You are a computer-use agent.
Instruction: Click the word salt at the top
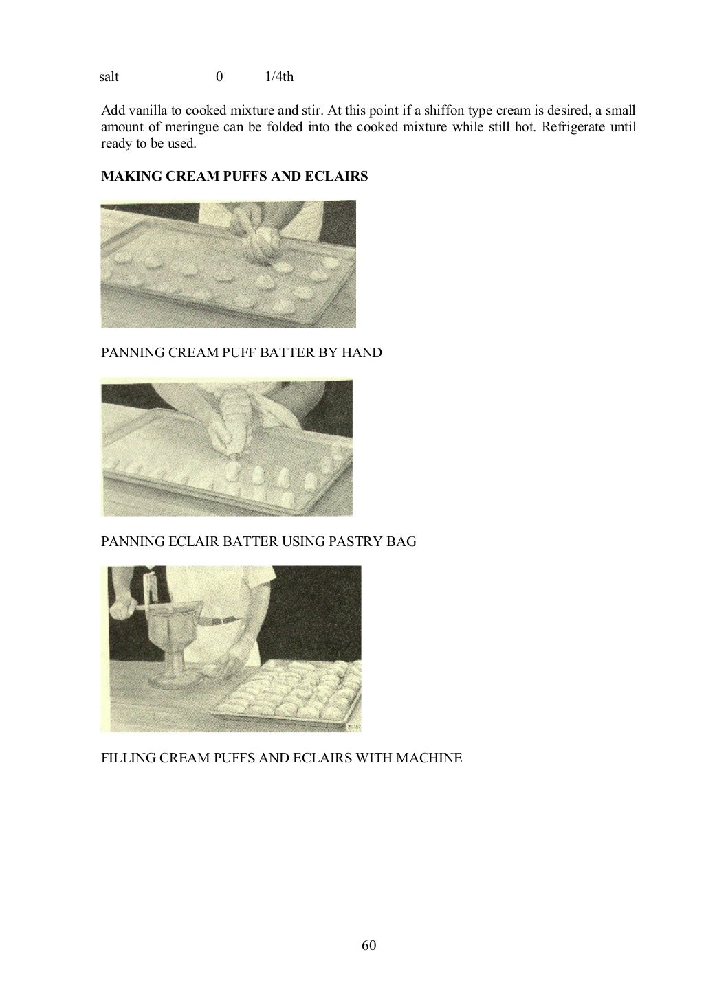(109, 77)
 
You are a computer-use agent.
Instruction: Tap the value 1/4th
(279, 77)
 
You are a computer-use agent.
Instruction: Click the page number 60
(368, 945)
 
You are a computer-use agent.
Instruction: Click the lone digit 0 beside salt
(219, 77)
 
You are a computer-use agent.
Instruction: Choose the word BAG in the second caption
(401, 541)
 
